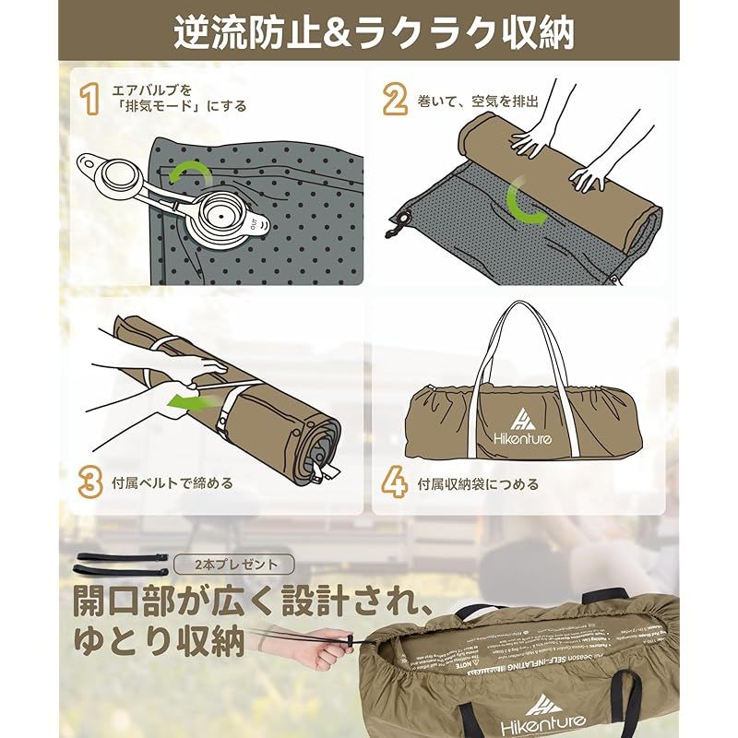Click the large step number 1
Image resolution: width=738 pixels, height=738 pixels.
coord(89,97)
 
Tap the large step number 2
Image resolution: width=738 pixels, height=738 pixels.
coord(396,97)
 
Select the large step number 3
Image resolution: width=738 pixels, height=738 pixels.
coord(89,482)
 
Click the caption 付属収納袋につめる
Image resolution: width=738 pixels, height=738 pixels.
coord(477,482)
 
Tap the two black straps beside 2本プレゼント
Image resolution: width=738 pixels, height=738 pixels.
coord(120,565)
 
